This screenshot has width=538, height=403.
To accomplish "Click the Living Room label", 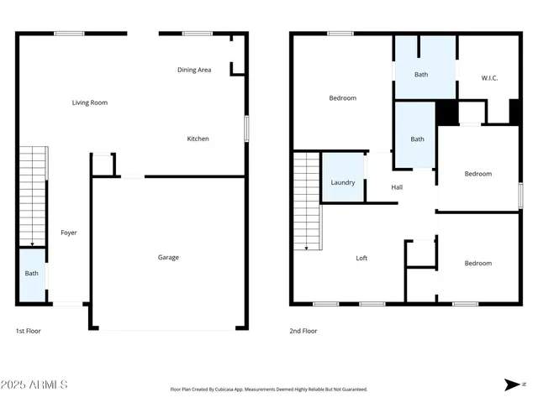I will point(89,102).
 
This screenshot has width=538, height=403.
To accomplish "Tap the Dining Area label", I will point(193,70).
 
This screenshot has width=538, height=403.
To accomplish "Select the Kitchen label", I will point(198,139).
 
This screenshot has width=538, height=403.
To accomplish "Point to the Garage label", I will point(168,257).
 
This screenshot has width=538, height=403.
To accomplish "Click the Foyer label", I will point(69,232).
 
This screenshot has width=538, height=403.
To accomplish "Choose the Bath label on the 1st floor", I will point(31,273).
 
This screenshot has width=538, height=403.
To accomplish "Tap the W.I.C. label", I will point(489,78).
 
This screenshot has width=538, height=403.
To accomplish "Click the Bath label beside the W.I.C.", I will point(420,74).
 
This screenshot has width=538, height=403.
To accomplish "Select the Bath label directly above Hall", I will point(417,139).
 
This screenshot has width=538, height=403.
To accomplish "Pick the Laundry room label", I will point(342,182).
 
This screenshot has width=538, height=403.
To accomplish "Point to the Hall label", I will point(397,186).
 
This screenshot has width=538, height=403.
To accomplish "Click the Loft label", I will point(361,258).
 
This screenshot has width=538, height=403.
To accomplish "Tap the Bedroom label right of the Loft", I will point(477,263).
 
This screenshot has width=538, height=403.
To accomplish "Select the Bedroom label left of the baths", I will point(342,98).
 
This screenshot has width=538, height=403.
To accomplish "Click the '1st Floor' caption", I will point(29,331).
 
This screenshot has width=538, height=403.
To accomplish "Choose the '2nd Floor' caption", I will point(304,331).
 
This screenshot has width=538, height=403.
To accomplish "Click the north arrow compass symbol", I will point(512,385).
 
